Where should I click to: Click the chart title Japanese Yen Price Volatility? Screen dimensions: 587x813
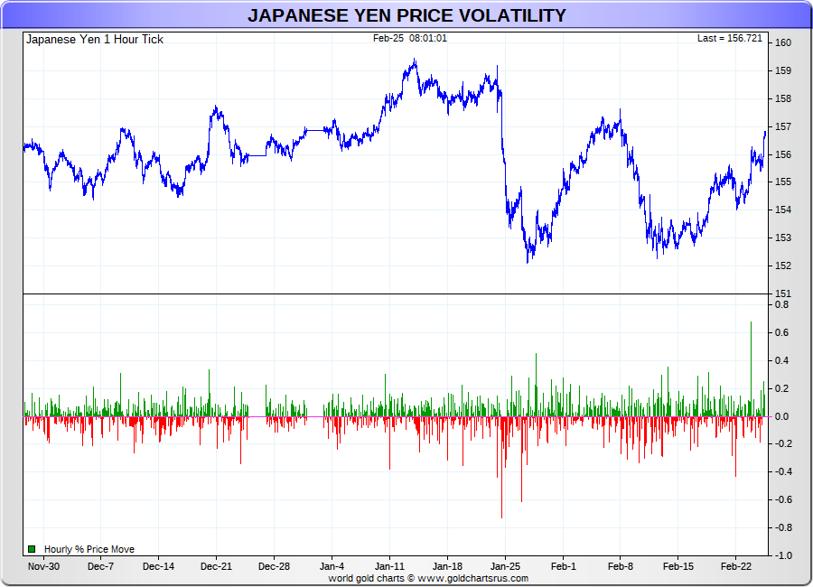tap(406, 15)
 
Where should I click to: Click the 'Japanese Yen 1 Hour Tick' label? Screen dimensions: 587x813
tap(95, 40)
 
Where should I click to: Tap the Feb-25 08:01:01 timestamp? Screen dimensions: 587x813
tap(409, 39)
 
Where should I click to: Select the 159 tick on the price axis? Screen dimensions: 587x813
tap(783, 70)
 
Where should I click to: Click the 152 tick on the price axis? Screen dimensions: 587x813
tap(783, 266)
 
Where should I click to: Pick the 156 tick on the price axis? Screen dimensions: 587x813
tap(783, 154)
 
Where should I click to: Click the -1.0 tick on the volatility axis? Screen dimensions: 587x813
tap(781, 555)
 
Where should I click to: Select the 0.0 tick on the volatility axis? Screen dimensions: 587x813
tap(783, 416)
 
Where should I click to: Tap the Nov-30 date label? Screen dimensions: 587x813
tap(43, 567)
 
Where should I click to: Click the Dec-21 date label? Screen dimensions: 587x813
tap(216, 567)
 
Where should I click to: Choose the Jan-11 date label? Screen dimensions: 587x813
tap(389, 567)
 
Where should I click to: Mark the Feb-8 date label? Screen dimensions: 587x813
tap(621, 567)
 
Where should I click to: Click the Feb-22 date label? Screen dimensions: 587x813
tap(735, 567)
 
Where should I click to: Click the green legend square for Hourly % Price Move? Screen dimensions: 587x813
tap(32, 549)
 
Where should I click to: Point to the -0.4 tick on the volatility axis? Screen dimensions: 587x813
tap(781, 472)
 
